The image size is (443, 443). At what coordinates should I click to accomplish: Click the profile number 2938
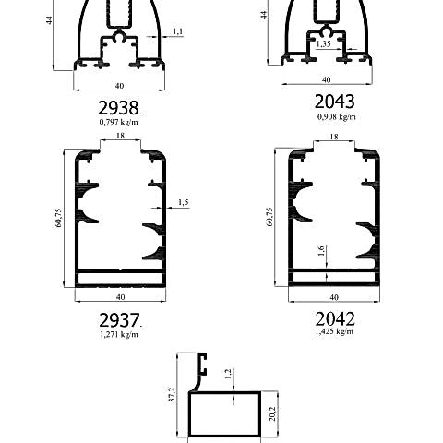[118, 108]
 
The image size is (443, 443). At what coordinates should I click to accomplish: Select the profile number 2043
[334, 102]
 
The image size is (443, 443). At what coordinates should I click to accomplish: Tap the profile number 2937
[119, 320]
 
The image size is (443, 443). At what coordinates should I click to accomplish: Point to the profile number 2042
[335, 318]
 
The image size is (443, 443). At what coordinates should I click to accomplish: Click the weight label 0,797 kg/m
[118, 122]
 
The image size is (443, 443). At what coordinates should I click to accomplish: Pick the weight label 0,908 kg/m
[336, 116]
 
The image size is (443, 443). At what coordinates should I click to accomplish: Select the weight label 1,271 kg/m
[119, 334]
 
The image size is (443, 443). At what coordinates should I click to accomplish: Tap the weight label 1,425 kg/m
[334, 331]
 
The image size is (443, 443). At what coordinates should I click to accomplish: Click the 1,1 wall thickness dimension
[178, 31]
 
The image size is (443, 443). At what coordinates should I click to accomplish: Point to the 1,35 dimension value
[324, 44]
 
